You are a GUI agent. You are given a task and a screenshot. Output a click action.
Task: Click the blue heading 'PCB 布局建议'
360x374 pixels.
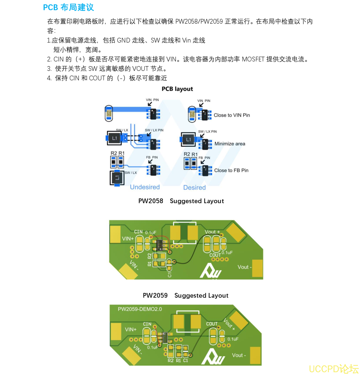tap(68, 7)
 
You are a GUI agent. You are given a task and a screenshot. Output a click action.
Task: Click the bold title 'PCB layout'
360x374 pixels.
tap(177, 89)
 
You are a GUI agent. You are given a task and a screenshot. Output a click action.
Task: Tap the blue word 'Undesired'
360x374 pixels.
tap(145, 187)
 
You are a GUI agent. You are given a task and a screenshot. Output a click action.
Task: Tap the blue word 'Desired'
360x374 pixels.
tap(194, 188)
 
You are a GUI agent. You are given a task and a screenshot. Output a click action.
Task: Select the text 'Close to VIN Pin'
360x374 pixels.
tap(232, 115)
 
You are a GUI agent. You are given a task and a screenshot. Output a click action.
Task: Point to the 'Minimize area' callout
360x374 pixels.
tap(230, 144)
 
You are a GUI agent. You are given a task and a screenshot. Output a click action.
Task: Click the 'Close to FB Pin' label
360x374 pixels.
tap(231, 170)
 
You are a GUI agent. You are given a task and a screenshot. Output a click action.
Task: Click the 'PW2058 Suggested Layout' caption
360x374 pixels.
tap(181, 201)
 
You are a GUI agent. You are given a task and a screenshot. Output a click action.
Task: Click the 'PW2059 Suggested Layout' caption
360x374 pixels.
tap(185, 295)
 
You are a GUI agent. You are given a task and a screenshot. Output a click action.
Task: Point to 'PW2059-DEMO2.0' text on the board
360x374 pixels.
tap(139, 309)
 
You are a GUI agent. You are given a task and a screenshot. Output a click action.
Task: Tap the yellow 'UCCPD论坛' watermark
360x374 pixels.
tap(333, 369)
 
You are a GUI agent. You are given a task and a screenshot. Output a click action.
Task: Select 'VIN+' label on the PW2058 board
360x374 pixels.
tap(128, 239)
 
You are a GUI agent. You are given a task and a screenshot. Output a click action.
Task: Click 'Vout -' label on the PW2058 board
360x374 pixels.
tap(243, 267)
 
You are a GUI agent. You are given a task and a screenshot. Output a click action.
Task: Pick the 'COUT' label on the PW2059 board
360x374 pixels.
tap(212, 324)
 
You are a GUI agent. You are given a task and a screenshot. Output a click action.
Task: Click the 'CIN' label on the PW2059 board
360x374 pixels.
tap(147, 324)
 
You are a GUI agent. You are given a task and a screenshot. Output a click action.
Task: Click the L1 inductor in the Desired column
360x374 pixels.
tap(188, 139)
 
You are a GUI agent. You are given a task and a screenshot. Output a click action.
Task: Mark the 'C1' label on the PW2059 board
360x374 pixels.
tap(186, 361)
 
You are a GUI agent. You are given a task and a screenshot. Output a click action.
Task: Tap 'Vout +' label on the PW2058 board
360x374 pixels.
tap(212, 232)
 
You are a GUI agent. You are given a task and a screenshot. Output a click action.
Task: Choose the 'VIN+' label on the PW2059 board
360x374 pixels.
tap(131, 330)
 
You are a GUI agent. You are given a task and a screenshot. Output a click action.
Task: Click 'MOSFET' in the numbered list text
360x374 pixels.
tap(253, 59)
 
